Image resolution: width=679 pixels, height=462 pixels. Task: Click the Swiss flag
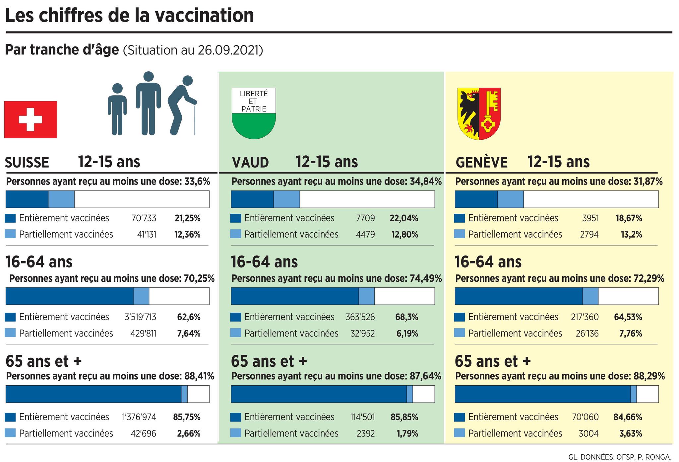[31, 119]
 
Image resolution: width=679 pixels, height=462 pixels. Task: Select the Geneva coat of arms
[479, 114]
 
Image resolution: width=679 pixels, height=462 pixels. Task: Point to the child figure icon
[117, 109]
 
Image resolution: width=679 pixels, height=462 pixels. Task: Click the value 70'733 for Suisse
[144, 218]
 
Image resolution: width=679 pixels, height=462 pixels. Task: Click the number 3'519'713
[140, 317]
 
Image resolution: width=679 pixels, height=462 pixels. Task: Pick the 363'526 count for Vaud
[360, 317]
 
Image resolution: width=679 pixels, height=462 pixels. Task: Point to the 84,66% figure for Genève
[628, 417]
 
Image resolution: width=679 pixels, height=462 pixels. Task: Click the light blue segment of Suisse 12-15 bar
[61, 199]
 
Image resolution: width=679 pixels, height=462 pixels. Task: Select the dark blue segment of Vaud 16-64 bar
[294, 296]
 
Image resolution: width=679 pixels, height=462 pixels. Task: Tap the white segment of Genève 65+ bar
[647, 394]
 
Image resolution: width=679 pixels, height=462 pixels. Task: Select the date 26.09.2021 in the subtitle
[228, 50]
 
